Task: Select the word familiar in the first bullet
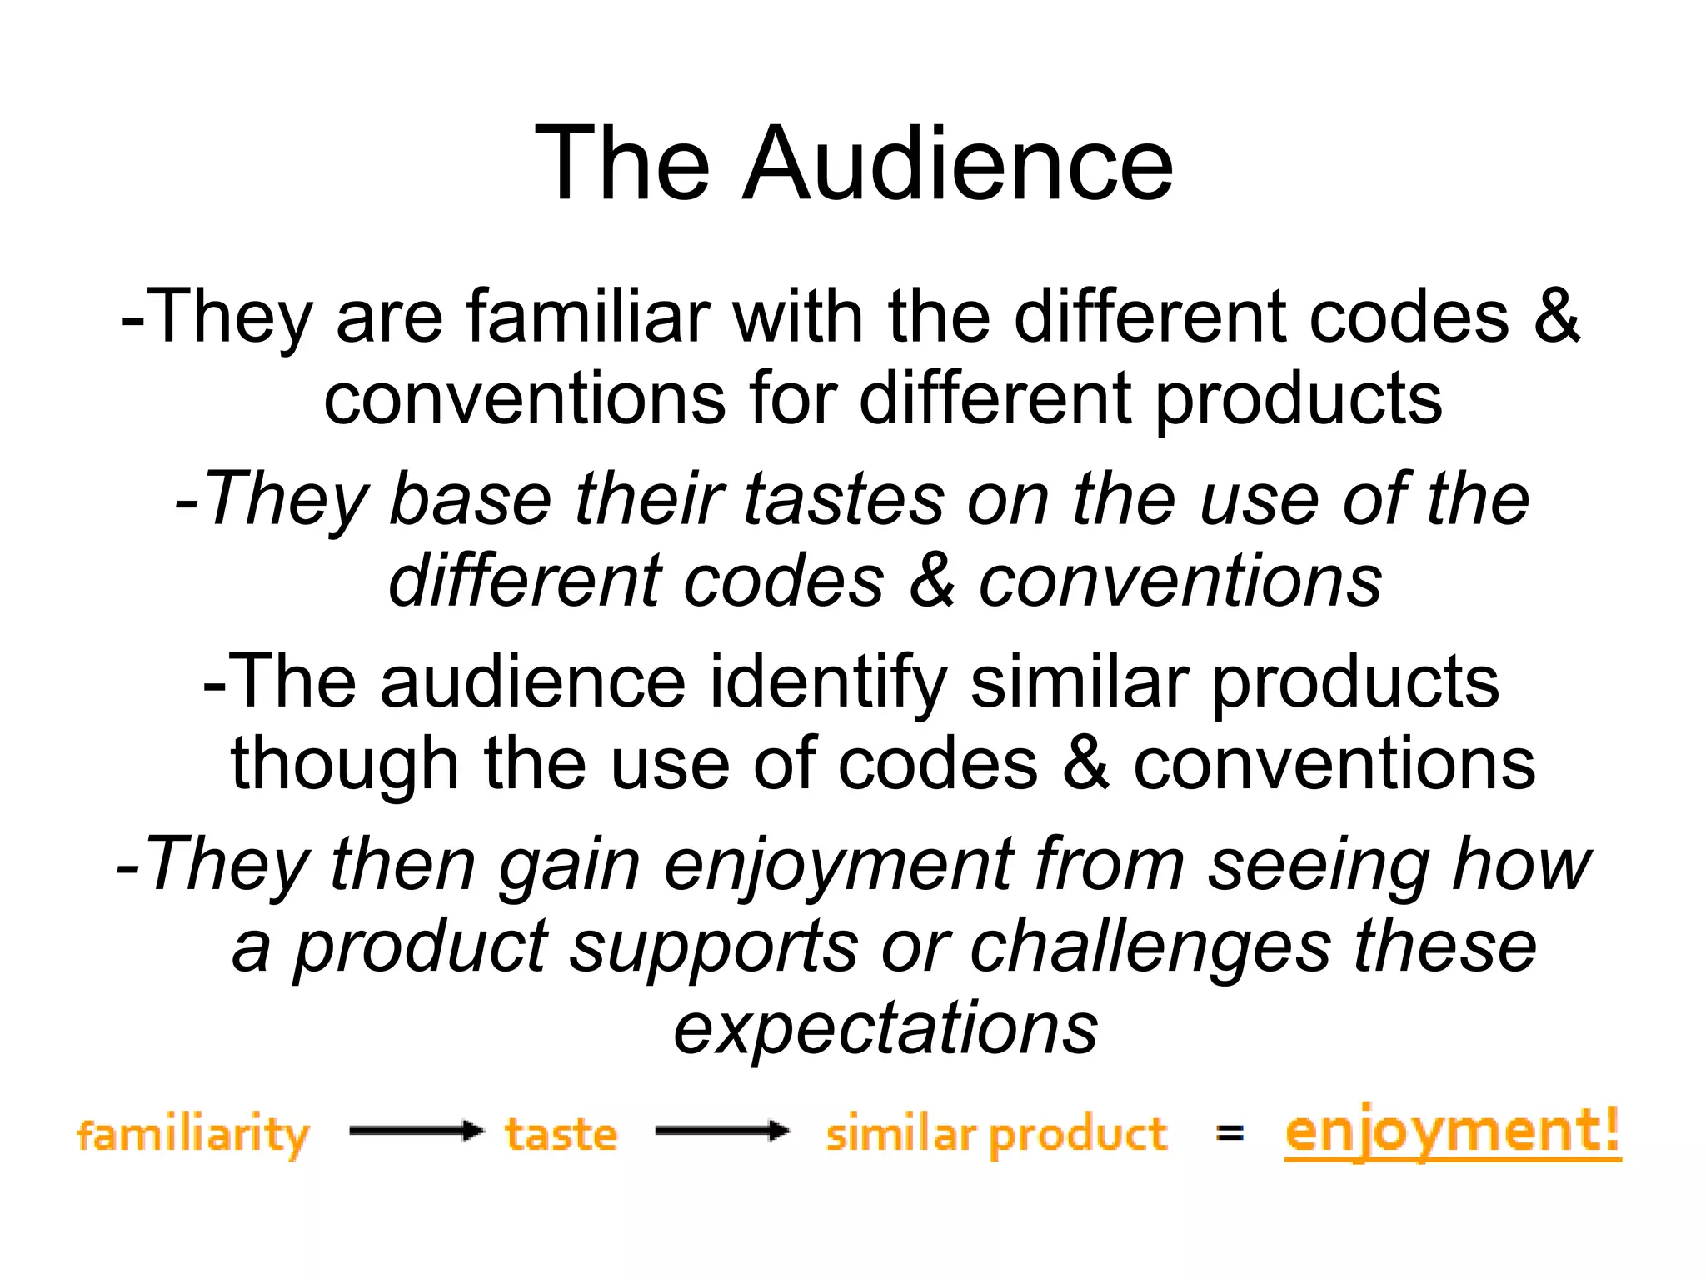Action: pyautogui.click(x=587, y=317)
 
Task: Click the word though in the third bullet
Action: pyautogui.click(x=344, y=764)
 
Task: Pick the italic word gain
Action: pyautogui.click(x=569, y=866)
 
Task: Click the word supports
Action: pyautogui.click(x=713, y=947)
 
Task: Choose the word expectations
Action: pyautogui.click(x=885, y=1029)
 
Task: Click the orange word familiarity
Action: pyautogui.click(x=193, y=1135)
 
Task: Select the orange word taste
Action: pyautogui.click(x=561, y=1135)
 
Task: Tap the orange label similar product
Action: pyautogui.click(x=996, y=1135)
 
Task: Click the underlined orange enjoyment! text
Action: pyautogui.click(x=1453, y=1132)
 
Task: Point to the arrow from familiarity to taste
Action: pyautogui.click(x=416, y=1131)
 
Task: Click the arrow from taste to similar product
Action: pyautogui.click(x=721, y=1131)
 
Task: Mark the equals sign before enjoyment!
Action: pyautogui.click(x=1230, y=1132)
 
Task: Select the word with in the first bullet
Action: pyautogui.click(x=797, y=317)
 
